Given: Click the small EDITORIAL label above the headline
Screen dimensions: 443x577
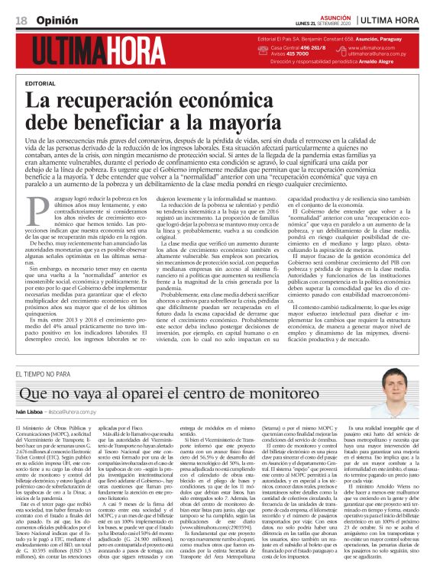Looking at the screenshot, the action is tap(40, 82).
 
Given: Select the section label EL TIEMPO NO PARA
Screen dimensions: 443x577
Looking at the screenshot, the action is tap(44, 374).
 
